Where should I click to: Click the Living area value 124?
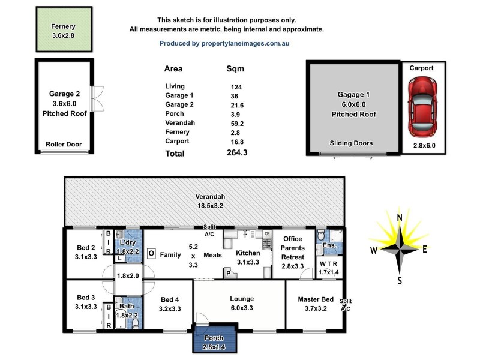click(236, 86)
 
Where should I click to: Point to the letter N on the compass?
click(399, 217)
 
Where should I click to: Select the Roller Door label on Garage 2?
click(64, 145)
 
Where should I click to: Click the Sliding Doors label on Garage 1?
click(351, 143)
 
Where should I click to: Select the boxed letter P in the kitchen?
click(228, 273)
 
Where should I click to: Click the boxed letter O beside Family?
click(151, 254)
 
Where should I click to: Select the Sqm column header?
click(235, 68)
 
